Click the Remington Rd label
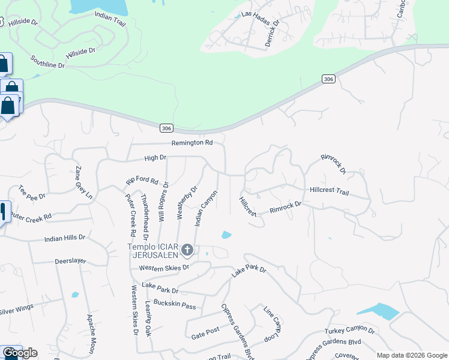coord(192,143)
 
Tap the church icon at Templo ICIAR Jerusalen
coord(187,250)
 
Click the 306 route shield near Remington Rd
coord(167,128)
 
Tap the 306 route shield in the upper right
coord(328,79)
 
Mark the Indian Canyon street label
coord(205,208)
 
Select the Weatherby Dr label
coord(187,202)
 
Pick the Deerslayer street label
coord(70,262)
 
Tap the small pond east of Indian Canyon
coord(226,235)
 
